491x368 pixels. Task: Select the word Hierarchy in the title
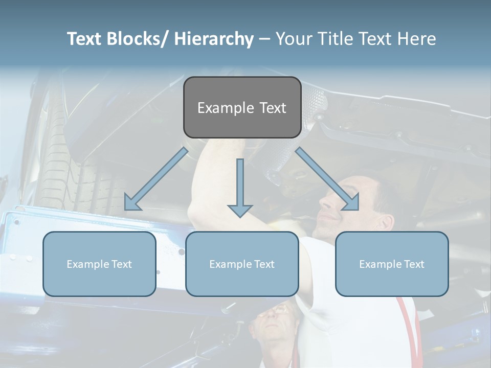coord(214,39)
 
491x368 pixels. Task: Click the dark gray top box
coord(242,107)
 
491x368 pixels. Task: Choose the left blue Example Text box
coord(99,264)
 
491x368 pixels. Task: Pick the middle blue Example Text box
coord(242,264)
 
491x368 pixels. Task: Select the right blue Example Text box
coord(392,264)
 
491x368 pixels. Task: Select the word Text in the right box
coord(413,264)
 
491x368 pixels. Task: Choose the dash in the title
coord(264,39)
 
